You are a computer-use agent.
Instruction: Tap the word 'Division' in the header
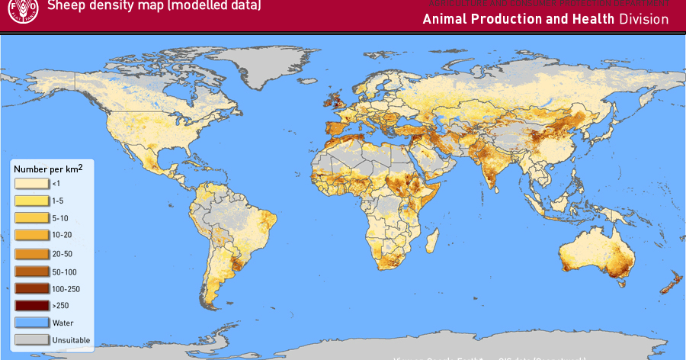pyautogui.click(x=643, y=20)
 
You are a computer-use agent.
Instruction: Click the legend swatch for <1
pyautogui.click(x=31, y=183)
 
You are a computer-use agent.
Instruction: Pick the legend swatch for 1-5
pyautogui.click(x=31, y=200)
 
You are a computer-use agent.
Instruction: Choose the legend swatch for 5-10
pyautogui.click(x=31, y=217)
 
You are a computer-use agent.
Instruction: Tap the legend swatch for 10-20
pyautogui.click(x=31, y=235)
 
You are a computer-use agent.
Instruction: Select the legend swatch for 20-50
pyautogui.click(x=31, y=253)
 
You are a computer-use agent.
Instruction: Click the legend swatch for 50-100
pyautogui.click(x=31, y=272)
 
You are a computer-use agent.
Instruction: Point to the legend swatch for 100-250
pyautogui.click(x=31, y=288)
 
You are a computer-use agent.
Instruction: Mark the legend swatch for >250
pyautogui.click(x=31, y=305)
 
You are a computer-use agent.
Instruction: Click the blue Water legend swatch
pyautogui.click(x=31, y=323)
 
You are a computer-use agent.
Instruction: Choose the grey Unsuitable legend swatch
pyautogui.click(x=31, y=339)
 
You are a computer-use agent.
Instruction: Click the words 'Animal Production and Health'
pyautogui.click(x=518, y=20)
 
